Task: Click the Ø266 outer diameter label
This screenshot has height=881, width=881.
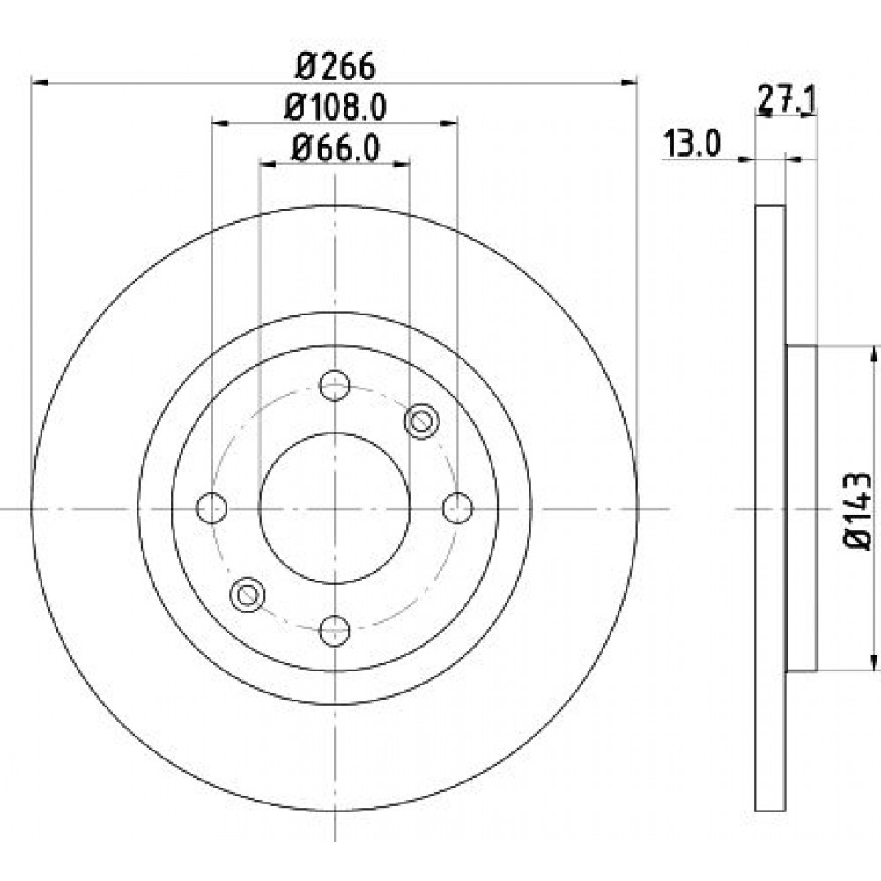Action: [x=335, y=66]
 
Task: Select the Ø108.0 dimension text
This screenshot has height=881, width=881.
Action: [x=335, y=107]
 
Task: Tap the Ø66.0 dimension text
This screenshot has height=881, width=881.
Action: [x=335, y=148]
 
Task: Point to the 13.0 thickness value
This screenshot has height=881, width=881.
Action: [x=692, y=142]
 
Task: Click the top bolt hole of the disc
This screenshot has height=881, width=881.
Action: [x=335, y=385]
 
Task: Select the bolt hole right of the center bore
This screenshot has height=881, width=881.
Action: [x=457, y=507]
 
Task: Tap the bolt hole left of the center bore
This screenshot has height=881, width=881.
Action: [x=212, y=507]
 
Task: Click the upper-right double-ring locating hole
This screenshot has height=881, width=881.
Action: [x=421, y=421]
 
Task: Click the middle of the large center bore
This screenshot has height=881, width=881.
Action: [x=335, y=507]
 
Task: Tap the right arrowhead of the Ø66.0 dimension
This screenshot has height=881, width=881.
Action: [x=404, y=162]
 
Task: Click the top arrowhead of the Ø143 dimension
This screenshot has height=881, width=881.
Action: [x=873, y=352]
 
